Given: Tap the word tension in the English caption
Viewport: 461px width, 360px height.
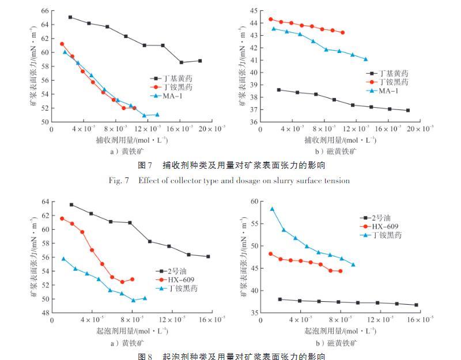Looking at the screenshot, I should [335, 180].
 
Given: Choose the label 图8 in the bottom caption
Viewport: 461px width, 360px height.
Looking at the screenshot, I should [145, 356].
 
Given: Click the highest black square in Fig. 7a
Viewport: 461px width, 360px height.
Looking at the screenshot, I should [70, 17].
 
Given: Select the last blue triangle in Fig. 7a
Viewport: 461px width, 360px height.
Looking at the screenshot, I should [157, 115].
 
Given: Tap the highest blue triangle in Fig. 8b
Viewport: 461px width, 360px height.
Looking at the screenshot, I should [272, 209].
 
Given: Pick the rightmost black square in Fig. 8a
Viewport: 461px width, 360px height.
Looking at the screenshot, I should [208, 256].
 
